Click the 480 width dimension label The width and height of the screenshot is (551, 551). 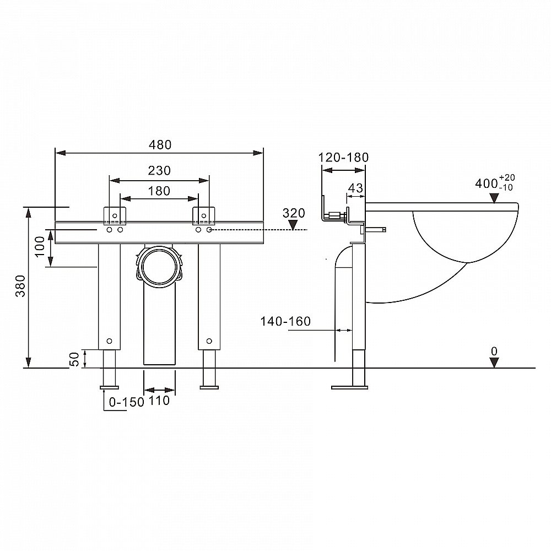click(x=160, y=145)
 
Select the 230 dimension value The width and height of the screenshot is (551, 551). click(x=159, y=170)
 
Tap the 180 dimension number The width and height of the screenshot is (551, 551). click(x=159, y=191)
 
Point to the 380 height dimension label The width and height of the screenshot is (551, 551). click(x=21, y=285)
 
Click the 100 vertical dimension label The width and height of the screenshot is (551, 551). click(x=40, y=246)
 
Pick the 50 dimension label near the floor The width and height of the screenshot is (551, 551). click(x=75, y=359)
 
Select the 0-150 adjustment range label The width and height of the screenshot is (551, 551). click(x=127, y=402)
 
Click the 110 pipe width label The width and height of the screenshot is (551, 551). click(x=159, y=400)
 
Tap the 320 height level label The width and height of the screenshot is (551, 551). click(x=294, y=213)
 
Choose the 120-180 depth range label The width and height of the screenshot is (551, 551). click(x=343, y=157)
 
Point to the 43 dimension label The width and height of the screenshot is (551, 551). click(x=355, y=188)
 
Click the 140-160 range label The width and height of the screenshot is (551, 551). click(x=285, y=321)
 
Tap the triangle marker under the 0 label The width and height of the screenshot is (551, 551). click(x=494, y=363)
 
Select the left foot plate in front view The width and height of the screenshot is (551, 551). click(x=109, y=387)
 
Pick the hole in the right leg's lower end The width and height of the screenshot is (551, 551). click(x=209, y=341)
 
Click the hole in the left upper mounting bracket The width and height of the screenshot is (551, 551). click(x=115, y=215)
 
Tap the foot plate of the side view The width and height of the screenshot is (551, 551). click(x=350, y=387)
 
